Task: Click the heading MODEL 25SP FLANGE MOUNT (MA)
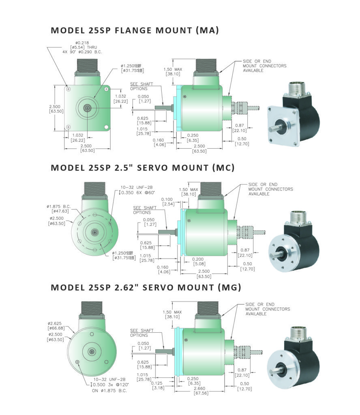(x=135, y=30)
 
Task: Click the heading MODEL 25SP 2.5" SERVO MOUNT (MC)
(x=143, y=167)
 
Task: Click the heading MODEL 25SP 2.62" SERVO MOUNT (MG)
(x=146, y=287)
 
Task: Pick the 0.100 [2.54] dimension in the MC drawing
(x=168, y=202)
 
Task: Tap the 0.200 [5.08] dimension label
(x=198, y=261)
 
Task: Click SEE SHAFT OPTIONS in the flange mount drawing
(x=139, y=86)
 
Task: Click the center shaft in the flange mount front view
(x=87, y=108)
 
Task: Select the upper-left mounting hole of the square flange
(x=69, y=88)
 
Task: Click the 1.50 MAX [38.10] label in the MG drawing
(x=173, y=314)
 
